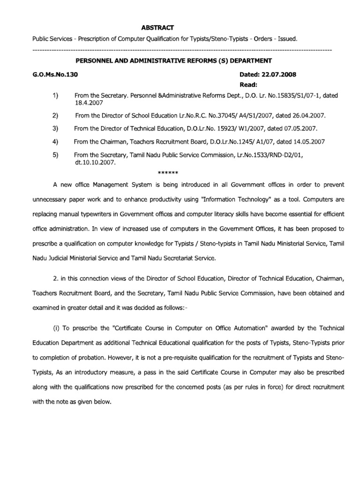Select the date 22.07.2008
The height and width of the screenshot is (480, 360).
point(280,74)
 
